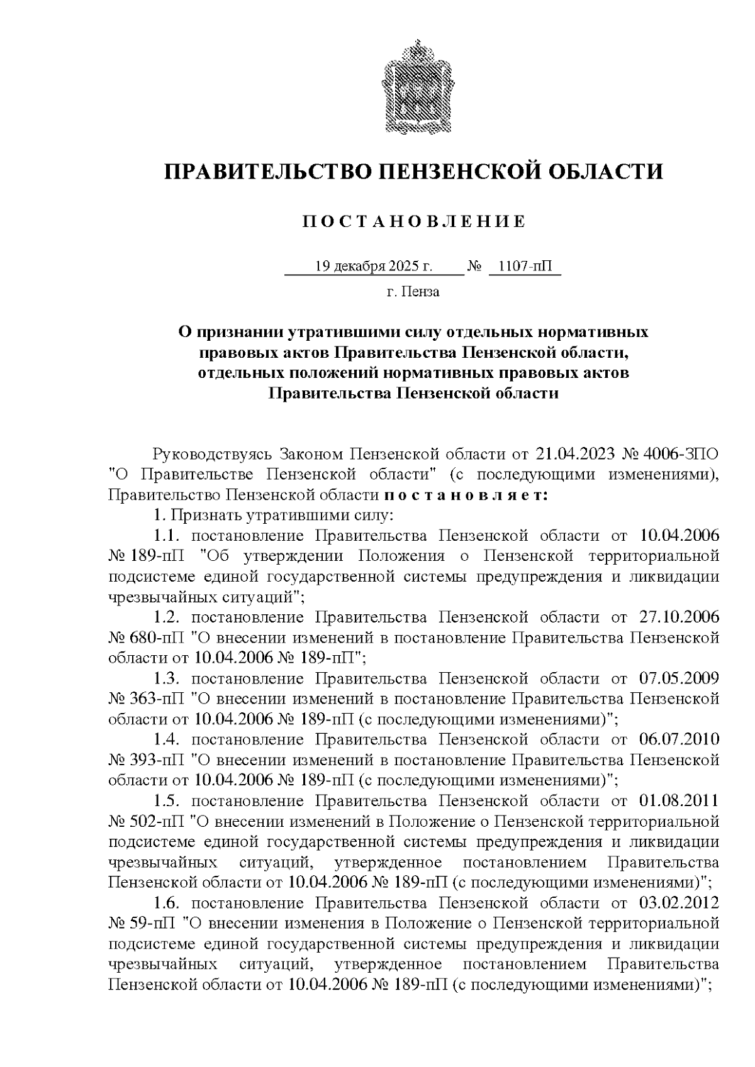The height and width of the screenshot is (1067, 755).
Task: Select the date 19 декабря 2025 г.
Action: coord(374,267)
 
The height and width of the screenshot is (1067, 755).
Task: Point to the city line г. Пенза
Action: coord(413,292)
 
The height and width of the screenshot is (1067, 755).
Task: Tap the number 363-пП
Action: coord(158,699)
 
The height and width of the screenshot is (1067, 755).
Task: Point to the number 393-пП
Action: coord(158,761)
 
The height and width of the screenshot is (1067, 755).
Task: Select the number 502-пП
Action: coord(158,822)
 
